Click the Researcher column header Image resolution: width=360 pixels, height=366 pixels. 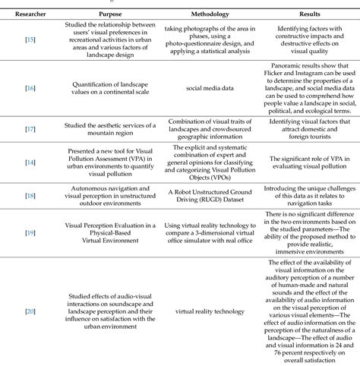(x=26, y=14)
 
